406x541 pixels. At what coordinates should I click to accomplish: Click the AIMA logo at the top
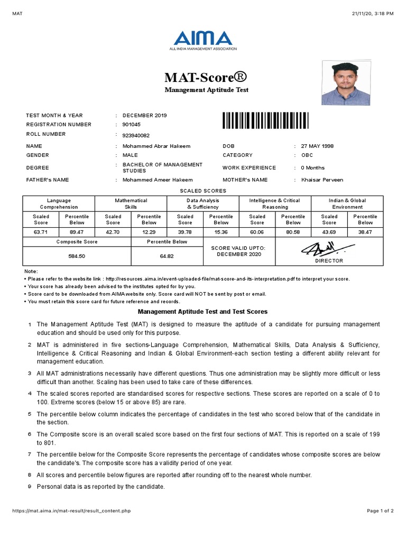click(203, 41)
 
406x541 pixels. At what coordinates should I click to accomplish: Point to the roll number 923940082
click(136, 135)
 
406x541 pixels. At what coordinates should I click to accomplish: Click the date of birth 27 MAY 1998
click(317, 146)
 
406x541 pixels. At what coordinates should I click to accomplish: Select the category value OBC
click(307, 155)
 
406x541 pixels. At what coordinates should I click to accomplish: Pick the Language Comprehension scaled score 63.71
click(41, 232)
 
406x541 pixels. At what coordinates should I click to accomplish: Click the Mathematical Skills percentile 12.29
click(149, 232)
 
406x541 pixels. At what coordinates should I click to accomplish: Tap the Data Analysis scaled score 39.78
click(185, 232)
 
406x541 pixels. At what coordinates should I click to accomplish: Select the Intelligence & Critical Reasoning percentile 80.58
click(293, 232)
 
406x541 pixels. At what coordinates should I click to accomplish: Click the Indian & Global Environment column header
click(347, 204)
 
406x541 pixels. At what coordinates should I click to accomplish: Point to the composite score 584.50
click(77, 256)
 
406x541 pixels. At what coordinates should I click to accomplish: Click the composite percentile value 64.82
click(167, 256)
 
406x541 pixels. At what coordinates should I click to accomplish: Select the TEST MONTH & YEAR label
click(54, 115)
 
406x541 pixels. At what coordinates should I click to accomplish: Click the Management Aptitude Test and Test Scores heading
click(202, 312)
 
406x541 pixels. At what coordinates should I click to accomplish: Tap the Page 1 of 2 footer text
click(380, 511)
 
